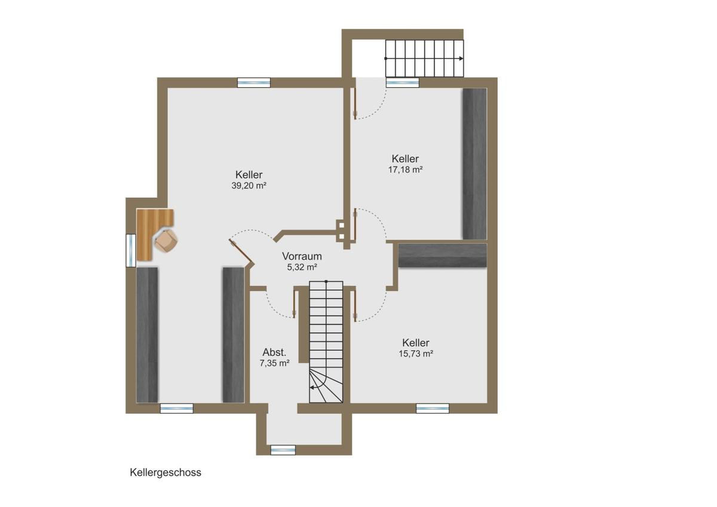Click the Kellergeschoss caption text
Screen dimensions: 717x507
click(x=166, y=472)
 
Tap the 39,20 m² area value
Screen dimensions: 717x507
click(x=249, y=186)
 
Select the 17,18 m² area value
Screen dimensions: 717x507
click(x=405, y=170)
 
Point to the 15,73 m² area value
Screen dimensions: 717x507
click(x=416, y=354)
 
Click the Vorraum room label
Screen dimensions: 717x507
click(x=302, y=256)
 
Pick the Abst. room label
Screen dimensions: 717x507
click(x=274, y=352)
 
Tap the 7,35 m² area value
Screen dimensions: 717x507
click(x=275, y=363)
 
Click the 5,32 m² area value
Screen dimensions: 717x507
click(x=302, y=267)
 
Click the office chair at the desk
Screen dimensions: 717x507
click(x=166, y=241)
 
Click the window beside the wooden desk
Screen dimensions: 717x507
click(x=131, y=250)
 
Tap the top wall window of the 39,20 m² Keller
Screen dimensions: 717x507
click(x=254, y=83)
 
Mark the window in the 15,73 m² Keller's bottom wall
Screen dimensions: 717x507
click(x=433, y=408)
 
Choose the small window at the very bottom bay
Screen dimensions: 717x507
click(x=283, y=450)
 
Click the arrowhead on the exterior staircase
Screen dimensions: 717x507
click(x=461, y=59)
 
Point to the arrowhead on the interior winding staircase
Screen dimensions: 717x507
click(x=312, y=388)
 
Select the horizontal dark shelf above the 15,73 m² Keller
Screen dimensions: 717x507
click(x=443, y=255)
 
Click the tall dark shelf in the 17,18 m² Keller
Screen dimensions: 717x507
click(x=474, y=164)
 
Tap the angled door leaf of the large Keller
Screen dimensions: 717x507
click(x=241, y=253)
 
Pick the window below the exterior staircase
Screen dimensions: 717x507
click(x=402, y=83)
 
